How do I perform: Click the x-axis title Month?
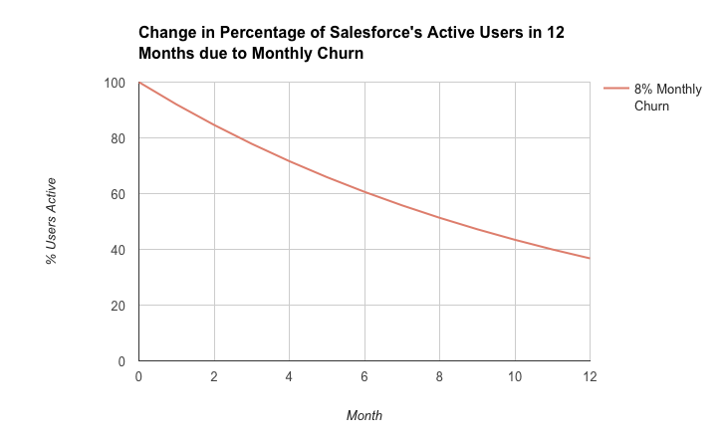pyautogui.click(x=363, y=415)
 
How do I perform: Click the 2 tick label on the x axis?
pyautogui.click(x=214, y=378)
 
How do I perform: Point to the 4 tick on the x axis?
pyautogui.click(x=289, y=378)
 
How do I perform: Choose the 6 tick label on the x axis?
pyautogui.click(x=364, y=378)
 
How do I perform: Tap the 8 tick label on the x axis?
pyautogui.click(x=439, y=378)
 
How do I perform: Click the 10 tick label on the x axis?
pyautogui.click(x=515, y=378)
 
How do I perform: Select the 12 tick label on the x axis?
pyautogui.click(x=589, y=378)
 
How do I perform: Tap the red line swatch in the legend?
pyautogui.click(x=614, y=90)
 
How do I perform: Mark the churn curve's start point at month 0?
pyautogui.click(x=139, y=83)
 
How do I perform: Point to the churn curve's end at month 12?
pyautogui.click(x=590, y=259)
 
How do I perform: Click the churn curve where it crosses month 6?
pyautogui.click(x=364, y=192)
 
